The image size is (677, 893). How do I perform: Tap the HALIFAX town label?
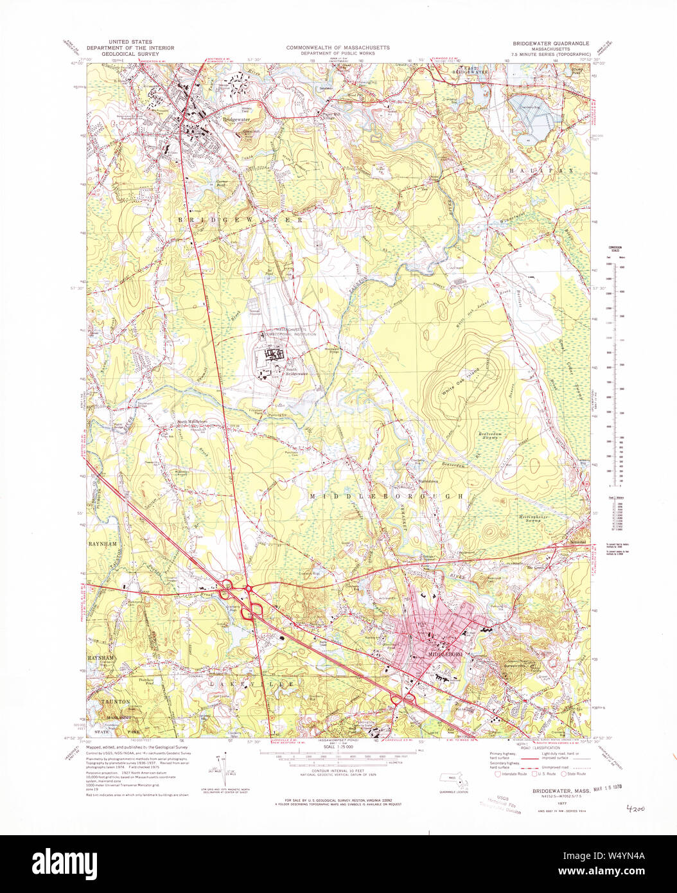tap(538, 172)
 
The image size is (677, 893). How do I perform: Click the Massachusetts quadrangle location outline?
tap(453, 780)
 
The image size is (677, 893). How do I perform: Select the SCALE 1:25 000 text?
tap(338, 746)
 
